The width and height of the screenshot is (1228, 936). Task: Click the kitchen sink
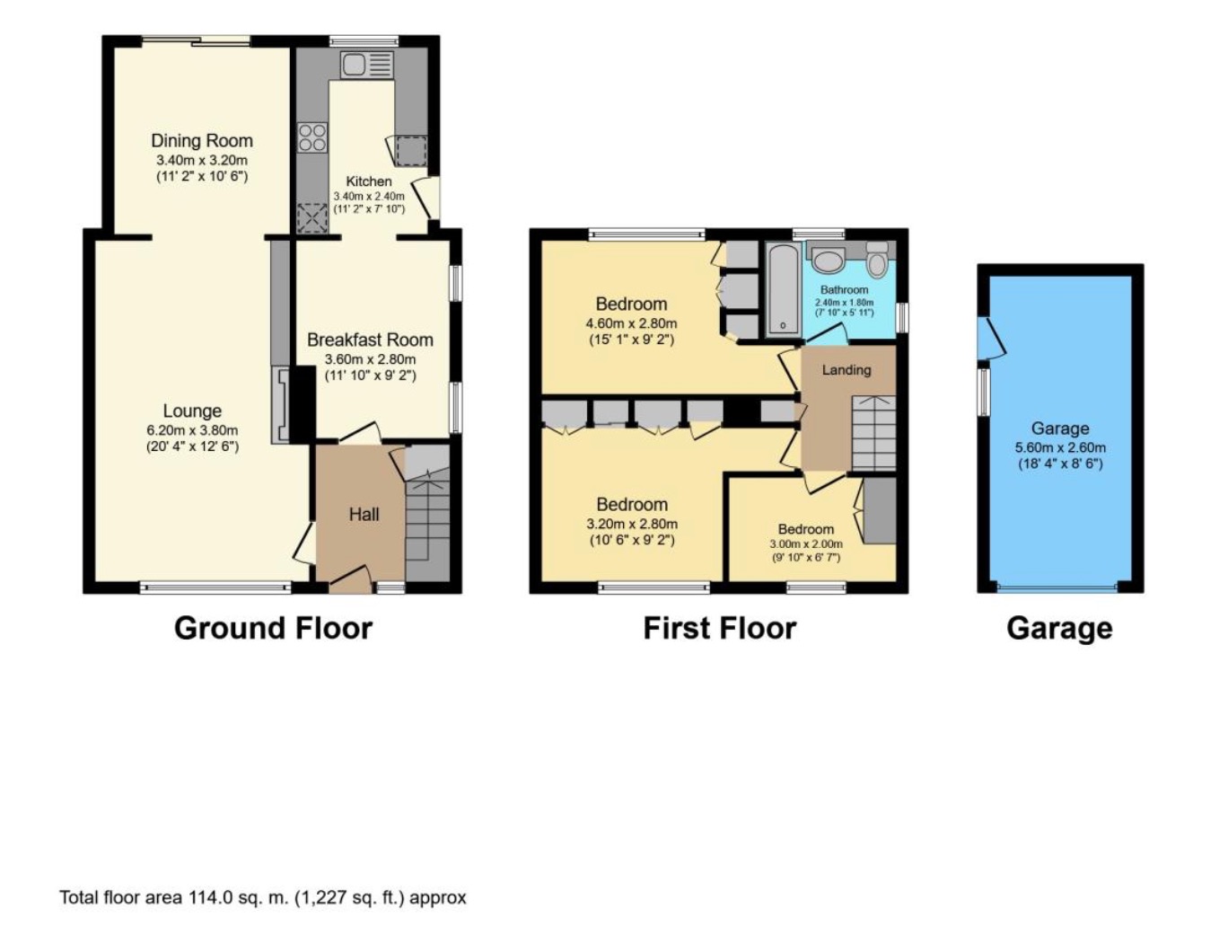(366, 65)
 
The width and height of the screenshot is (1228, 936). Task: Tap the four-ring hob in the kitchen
(312, 137)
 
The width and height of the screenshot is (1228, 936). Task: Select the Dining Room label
(201, 140)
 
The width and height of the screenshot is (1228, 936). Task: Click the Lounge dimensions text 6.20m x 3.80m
(192, 429)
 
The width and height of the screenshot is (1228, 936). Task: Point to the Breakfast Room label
(370, 340)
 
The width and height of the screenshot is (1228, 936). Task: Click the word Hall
(364, 514)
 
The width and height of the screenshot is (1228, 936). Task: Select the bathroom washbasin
(828, 260)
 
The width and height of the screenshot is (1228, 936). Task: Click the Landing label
(846, 369)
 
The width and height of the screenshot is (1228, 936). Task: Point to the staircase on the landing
(873, 432)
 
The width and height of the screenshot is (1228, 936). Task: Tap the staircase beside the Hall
(427, 521)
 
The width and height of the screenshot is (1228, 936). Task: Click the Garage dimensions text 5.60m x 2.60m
(1060, 446)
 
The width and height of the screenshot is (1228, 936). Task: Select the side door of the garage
(991, 340)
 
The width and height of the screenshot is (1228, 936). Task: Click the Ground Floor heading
(273, 627)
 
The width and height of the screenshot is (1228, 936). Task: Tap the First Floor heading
(719, 627)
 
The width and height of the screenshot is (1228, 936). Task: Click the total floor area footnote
(262, 896)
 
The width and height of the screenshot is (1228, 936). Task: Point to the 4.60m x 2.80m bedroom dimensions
(631, 322)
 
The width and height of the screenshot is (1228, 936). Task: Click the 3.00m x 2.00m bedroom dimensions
(805, 543)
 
